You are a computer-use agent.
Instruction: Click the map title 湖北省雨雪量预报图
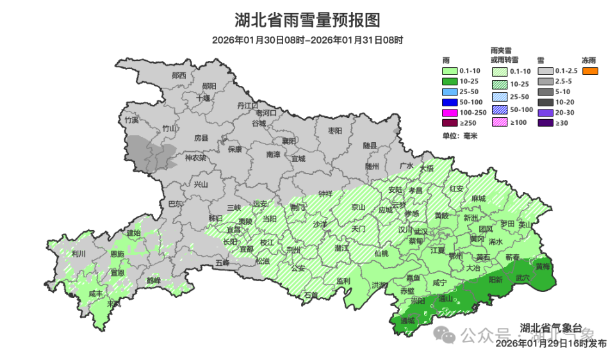tap(307, 20)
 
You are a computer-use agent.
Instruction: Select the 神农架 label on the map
tap(195, 158)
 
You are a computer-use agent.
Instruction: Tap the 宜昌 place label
tap(233, 229)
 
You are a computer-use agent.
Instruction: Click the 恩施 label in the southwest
tap(117, 254)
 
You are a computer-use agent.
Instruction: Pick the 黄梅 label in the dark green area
tap(543, 266)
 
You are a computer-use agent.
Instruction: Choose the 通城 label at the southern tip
tap(408, 320)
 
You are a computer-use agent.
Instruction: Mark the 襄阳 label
tap(289, 140)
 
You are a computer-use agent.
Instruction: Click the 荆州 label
tap(293, 250)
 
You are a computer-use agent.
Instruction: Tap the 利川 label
tap(79, 254)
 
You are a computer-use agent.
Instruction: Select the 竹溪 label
tap(131, 120)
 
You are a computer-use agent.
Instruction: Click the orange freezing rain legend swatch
tap(590, 71)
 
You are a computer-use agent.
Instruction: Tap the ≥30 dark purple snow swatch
tap(546, 122)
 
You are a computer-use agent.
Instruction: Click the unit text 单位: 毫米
tap(460, 135)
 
